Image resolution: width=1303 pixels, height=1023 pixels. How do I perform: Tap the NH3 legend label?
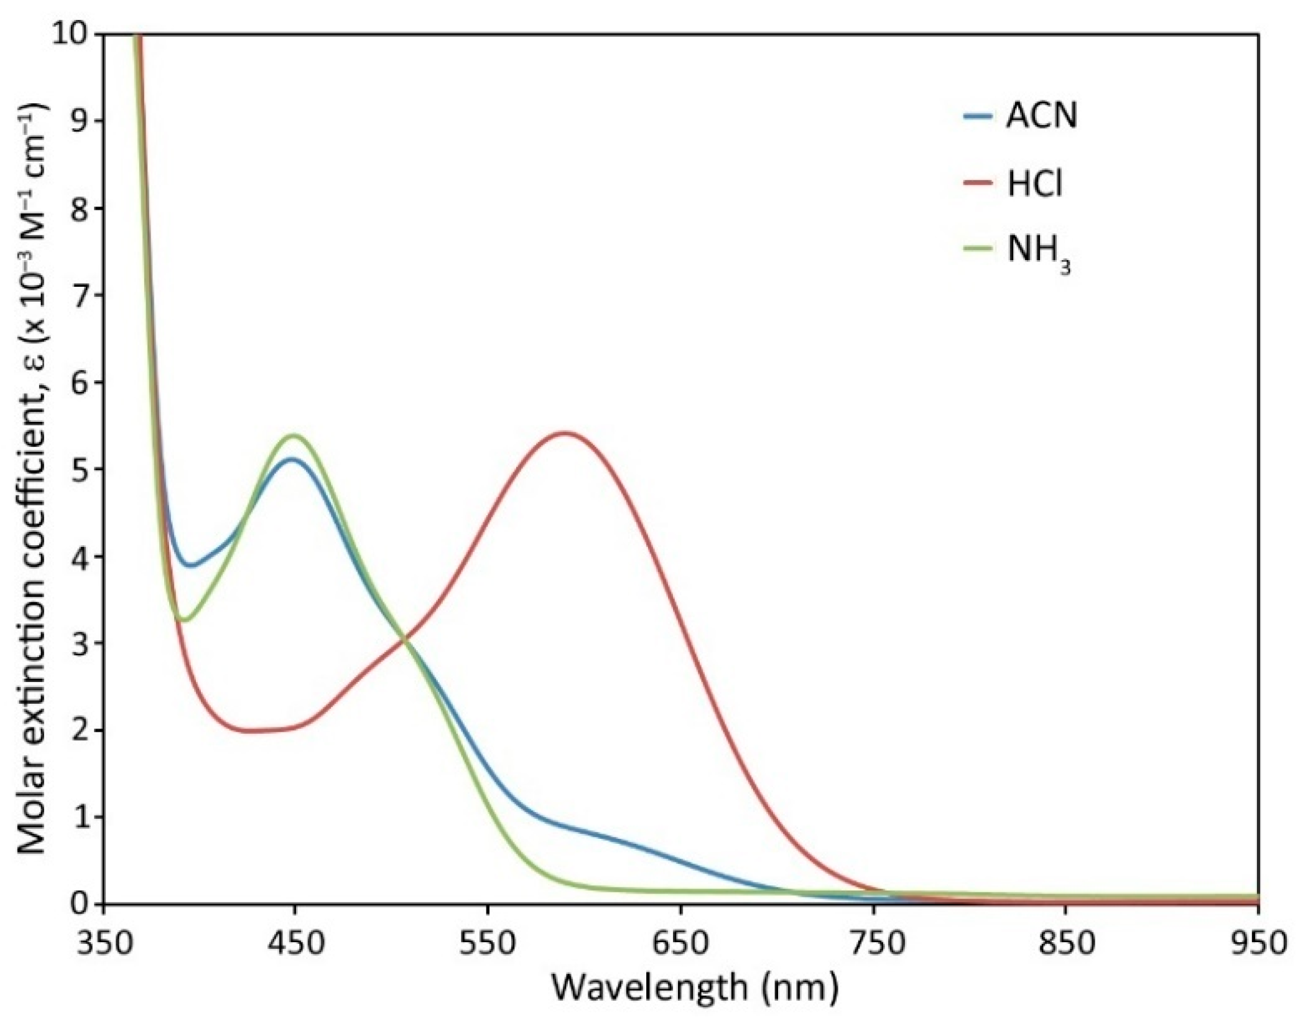click(1039, 253)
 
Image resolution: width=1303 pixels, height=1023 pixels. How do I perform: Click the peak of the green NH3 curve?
click(294, 436)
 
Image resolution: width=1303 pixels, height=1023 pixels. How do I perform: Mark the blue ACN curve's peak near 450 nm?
click(290, 459)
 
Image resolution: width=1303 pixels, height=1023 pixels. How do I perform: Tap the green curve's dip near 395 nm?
click(183, 620)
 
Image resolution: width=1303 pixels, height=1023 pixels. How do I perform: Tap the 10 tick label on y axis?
click(73, 35)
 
